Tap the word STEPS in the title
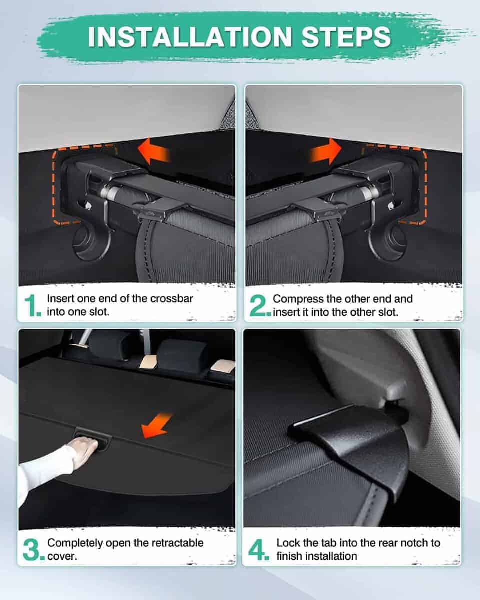click(346, 37)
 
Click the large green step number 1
click(33, 305)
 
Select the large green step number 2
click(260, 305)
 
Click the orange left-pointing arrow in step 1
click(153, 152)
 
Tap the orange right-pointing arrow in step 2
click(326, 152)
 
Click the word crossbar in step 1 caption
click(172, 299)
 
